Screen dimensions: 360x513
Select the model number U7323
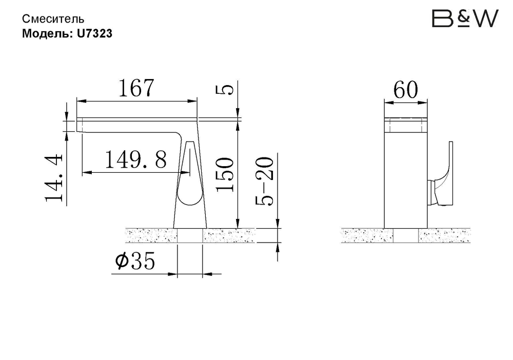tap(95, 34)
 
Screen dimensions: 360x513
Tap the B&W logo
tap(465, 19)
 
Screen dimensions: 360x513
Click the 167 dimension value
tap(136, 88)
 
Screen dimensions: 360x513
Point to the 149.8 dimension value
tap(136, 161)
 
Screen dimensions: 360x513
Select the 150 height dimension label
tap(225, 174)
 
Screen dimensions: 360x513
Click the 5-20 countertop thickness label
tap(265, 181)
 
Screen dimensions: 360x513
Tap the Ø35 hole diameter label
tap(135, 262)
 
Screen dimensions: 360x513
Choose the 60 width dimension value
tap(406, 91)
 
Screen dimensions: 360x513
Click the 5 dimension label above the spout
tap(225, 90)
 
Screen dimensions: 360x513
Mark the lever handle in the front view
tap(444, 174)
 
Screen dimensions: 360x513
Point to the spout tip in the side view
tap(80, 125)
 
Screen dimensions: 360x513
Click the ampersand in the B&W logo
tap(464, 17)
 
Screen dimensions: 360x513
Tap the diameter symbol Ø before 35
tap(122, 262)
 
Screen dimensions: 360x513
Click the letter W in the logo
tap(485, 19)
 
